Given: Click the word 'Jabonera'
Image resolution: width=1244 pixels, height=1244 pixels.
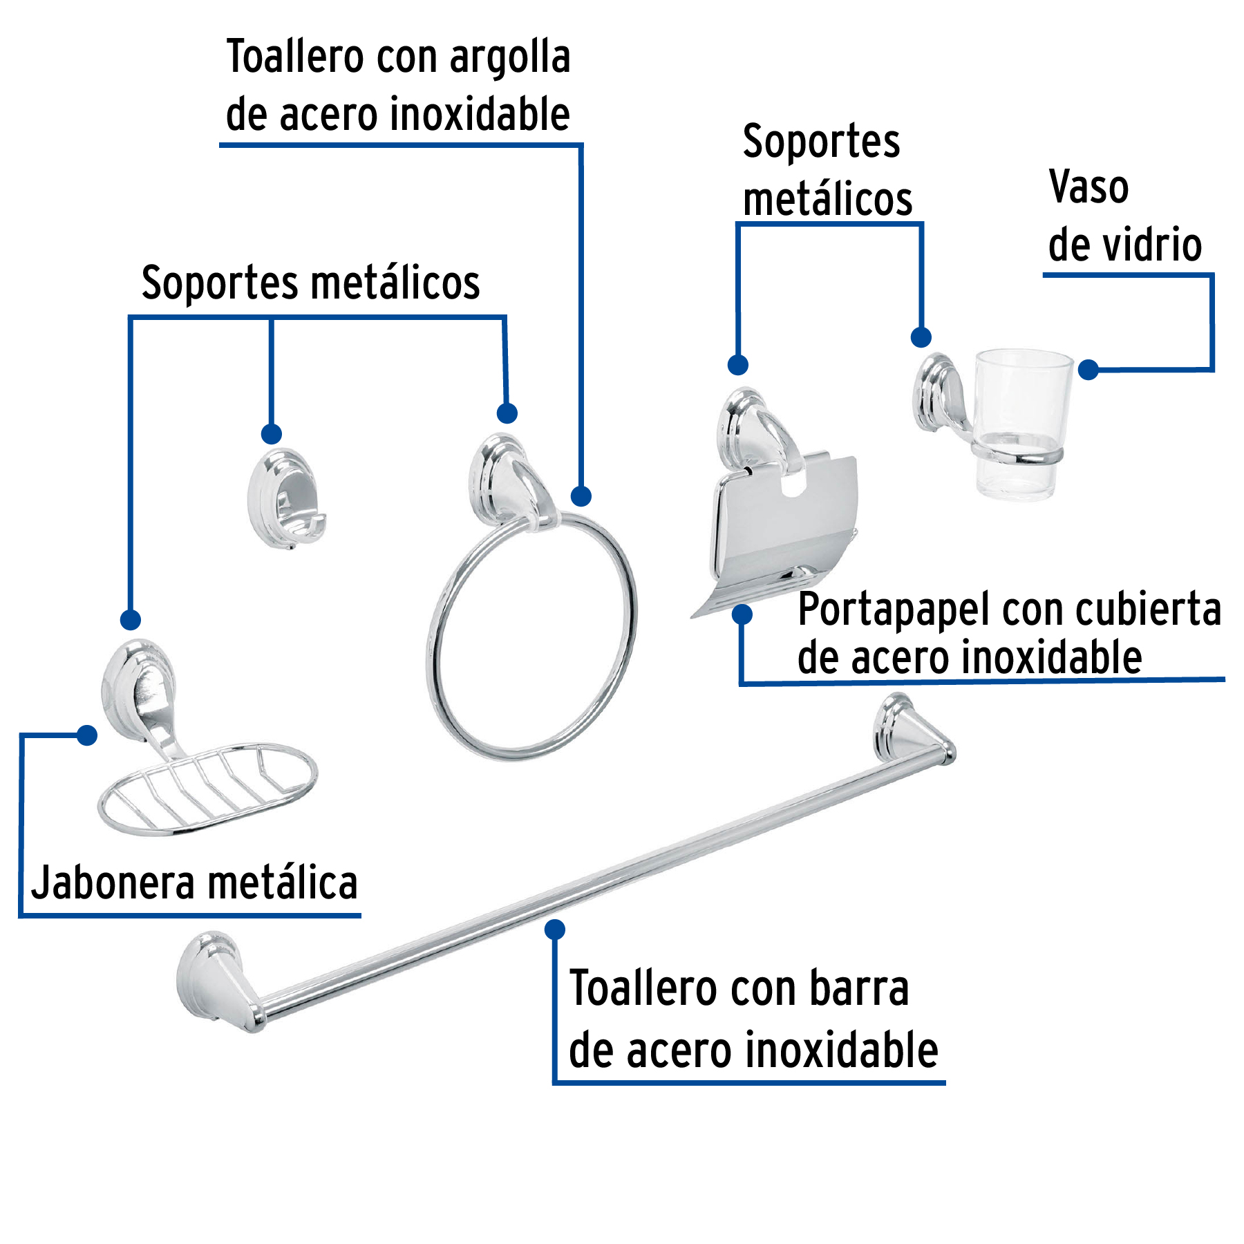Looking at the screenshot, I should click(x=114, y=883).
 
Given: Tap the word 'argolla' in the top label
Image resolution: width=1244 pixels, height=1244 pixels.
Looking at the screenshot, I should click(x=510, y=58).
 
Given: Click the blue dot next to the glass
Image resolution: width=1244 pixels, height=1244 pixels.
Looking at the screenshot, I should click(x=1088, y=370).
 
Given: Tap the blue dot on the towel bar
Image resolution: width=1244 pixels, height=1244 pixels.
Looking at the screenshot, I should click(x=554, y=930).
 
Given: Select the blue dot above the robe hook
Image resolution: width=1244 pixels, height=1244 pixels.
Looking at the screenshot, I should click(x=271, y=434).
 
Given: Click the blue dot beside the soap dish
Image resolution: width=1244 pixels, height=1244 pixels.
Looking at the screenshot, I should click(x=87, y=735).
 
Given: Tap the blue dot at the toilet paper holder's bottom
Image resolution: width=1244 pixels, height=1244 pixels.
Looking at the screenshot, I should click(x=742, y=614).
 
